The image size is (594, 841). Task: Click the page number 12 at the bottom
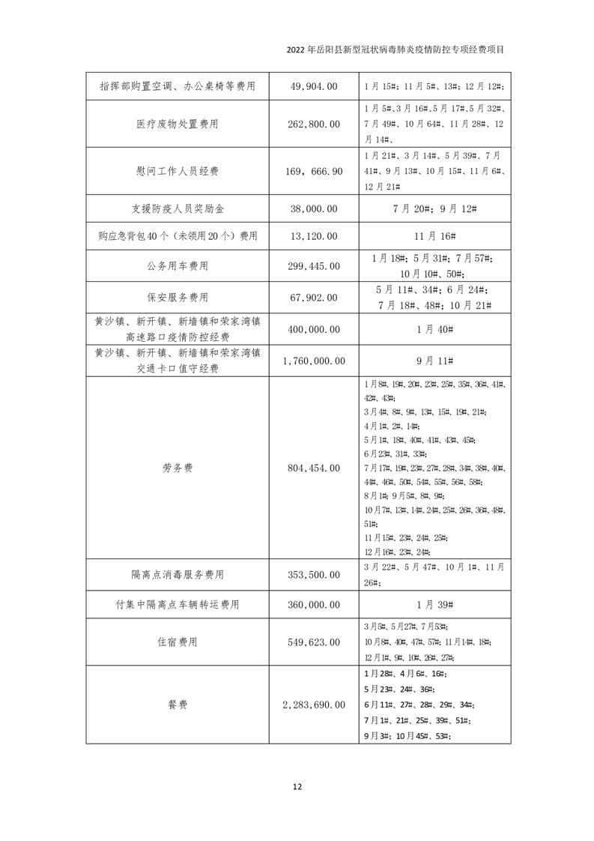click(297, 786)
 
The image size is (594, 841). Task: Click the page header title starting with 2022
click(396, 50)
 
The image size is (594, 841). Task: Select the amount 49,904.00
click(314, 87)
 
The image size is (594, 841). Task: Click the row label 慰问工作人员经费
click(177, 172)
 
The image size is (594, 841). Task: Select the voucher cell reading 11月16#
click(436, 236)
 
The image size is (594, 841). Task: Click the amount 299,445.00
click(314, 265)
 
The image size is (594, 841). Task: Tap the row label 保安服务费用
click(177, 298)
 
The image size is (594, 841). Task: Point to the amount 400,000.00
click(314, 329)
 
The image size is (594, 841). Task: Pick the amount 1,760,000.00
click(314, 361)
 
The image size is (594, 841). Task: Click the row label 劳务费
click(177, 468)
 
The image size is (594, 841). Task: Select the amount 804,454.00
click(314, 468)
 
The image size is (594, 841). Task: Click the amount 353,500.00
click(314, 575)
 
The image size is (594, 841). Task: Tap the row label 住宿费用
click(177, 642)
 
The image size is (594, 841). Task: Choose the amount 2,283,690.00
click(314, 705)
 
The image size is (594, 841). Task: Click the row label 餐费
click(177, 705)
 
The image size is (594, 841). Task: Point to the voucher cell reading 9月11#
click(436, 361)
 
